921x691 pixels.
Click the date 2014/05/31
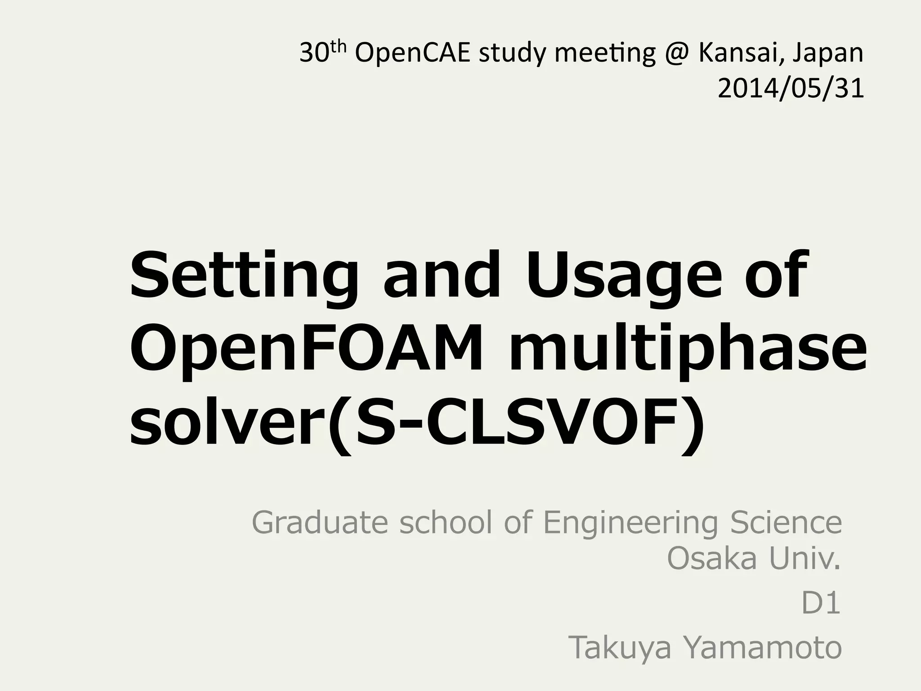791,89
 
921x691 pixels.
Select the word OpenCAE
412,54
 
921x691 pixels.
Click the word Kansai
735,53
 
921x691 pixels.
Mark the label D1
821,604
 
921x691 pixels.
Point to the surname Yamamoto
762,648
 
